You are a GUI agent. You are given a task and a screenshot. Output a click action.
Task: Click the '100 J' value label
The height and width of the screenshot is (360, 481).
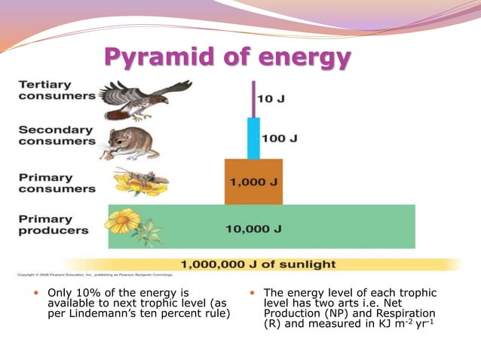coord(279,139)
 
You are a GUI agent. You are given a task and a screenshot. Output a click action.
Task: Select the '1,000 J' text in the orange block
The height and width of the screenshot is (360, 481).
coord(253,182)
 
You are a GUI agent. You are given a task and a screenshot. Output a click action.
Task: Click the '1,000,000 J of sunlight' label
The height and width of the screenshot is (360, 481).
coord(258,264)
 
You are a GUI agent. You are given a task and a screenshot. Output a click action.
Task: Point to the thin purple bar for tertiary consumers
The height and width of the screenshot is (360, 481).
coord(253,98)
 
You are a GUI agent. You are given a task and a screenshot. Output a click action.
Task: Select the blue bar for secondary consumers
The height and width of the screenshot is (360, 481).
coord(253,138)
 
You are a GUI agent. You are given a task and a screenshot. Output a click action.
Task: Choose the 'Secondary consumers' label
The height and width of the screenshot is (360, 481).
coord(57,135)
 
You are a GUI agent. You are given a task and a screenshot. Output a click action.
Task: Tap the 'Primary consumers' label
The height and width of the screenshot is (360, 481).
coord(57,183)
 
